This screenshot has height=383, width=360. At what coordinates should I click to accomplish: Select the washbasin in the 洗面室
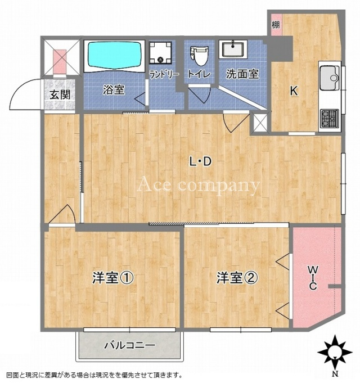pyautogui.click(x=233, y=49)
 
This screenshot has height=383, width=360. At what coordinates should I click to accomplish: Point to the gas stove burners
pyautogui.click(x=330, y=118)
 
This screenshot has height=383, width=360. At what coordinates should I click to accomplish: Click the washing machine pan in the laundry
pyautogui.click(x=160, y=52)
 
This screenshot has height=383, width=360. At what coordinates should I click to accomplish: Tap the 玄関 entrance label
pyautogui.click(x=60, y=94)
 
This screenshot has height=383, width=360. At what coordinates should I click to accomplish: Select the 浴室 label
pyautogui.click(x=114, y=89)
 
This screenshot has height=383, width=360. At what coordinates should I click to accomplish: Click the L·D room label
pyautogui.click(x=200, y=161)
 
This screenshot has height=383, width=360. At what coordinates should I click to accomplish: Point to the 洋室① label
pyautogui.click(x=113, y=278)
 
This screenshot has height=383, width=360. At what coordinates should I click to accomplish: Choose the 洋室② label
pyautogui.click(x=237, y=278)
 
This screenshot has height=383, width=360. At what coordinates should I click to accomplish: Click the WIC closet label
pyautogui.click(x=313, y=278)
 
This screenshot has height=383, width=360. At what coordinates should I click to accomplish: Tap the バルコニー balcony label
pyautogui.click(x=130, y=345)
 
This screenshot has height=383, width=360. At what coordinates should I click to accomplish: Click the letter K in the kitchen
pyautogui.click(x=294, y=91)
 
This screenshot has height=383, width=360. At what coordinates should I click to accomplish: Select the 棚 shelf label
pyautogui.click(x=276, y=25)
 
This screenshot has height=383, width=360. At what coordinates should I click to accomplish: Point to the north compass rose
pyautogui.click(x=335, y=352)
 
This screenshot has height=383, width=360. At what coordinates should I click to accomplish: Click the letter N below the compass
pyautogui.click(x=336, y=373)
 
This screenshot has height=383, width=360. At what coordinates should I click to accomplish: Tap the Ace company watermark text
pyautogui.click(x=199, y=186)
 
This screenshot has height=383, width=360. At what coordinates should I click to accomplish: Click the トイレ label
pyautogui.click(x=199, y=74)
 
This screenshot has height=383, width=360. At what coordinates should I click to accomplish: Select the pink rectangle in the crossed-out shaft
pyautogui.click(x=60, y=61)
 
